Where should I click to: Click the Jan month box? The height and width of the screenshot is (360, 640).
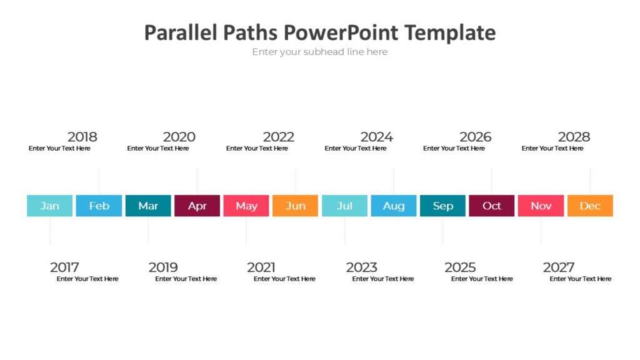click(49, 206)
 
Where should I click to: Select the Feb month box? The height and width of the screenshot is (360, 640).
click(99, 206)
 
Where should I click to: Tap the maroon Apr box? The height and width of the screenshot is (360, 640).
click(197, 206)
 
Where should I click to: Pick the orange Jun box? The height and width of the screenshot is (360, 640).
click(295, 206)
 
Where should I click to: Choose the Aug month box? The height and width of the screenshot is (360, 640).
click(393, 206)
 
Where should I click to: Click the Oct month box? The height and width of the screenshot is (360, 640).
click(491, 206)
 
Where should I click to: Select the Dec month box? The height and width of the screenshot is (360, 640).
click(590, 206)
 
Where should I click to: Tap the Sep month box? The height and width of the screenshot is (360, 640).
click(442, 206)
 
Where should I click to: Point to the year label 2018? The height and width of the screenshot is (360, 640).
click(82, 137)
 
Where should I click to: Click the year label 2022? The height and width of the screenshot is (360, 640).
click(279, 137)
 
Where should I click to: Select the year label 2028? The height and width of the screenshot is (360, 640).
click(574, 137)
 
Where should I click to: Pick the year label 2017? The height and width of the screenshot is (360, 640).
click(64, 267)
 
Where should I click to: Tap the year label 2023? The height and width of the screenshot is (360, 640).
click(361, 267)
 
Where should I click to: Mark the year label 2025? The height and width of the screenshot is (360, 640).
click(460, 267)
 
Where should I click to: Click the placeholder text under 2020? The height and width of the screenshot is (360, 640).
click(158, 149)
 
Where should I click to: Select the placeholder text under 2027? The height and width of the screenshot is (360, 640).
click(581, 279)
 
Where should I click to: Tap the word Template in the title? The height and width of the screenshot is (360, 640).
click(450, 32)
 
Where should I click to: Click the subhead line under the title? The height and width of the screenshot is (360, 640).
click(319, 52)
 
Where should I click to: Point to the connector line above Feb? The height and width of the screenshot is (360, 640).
click(99, 181)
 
